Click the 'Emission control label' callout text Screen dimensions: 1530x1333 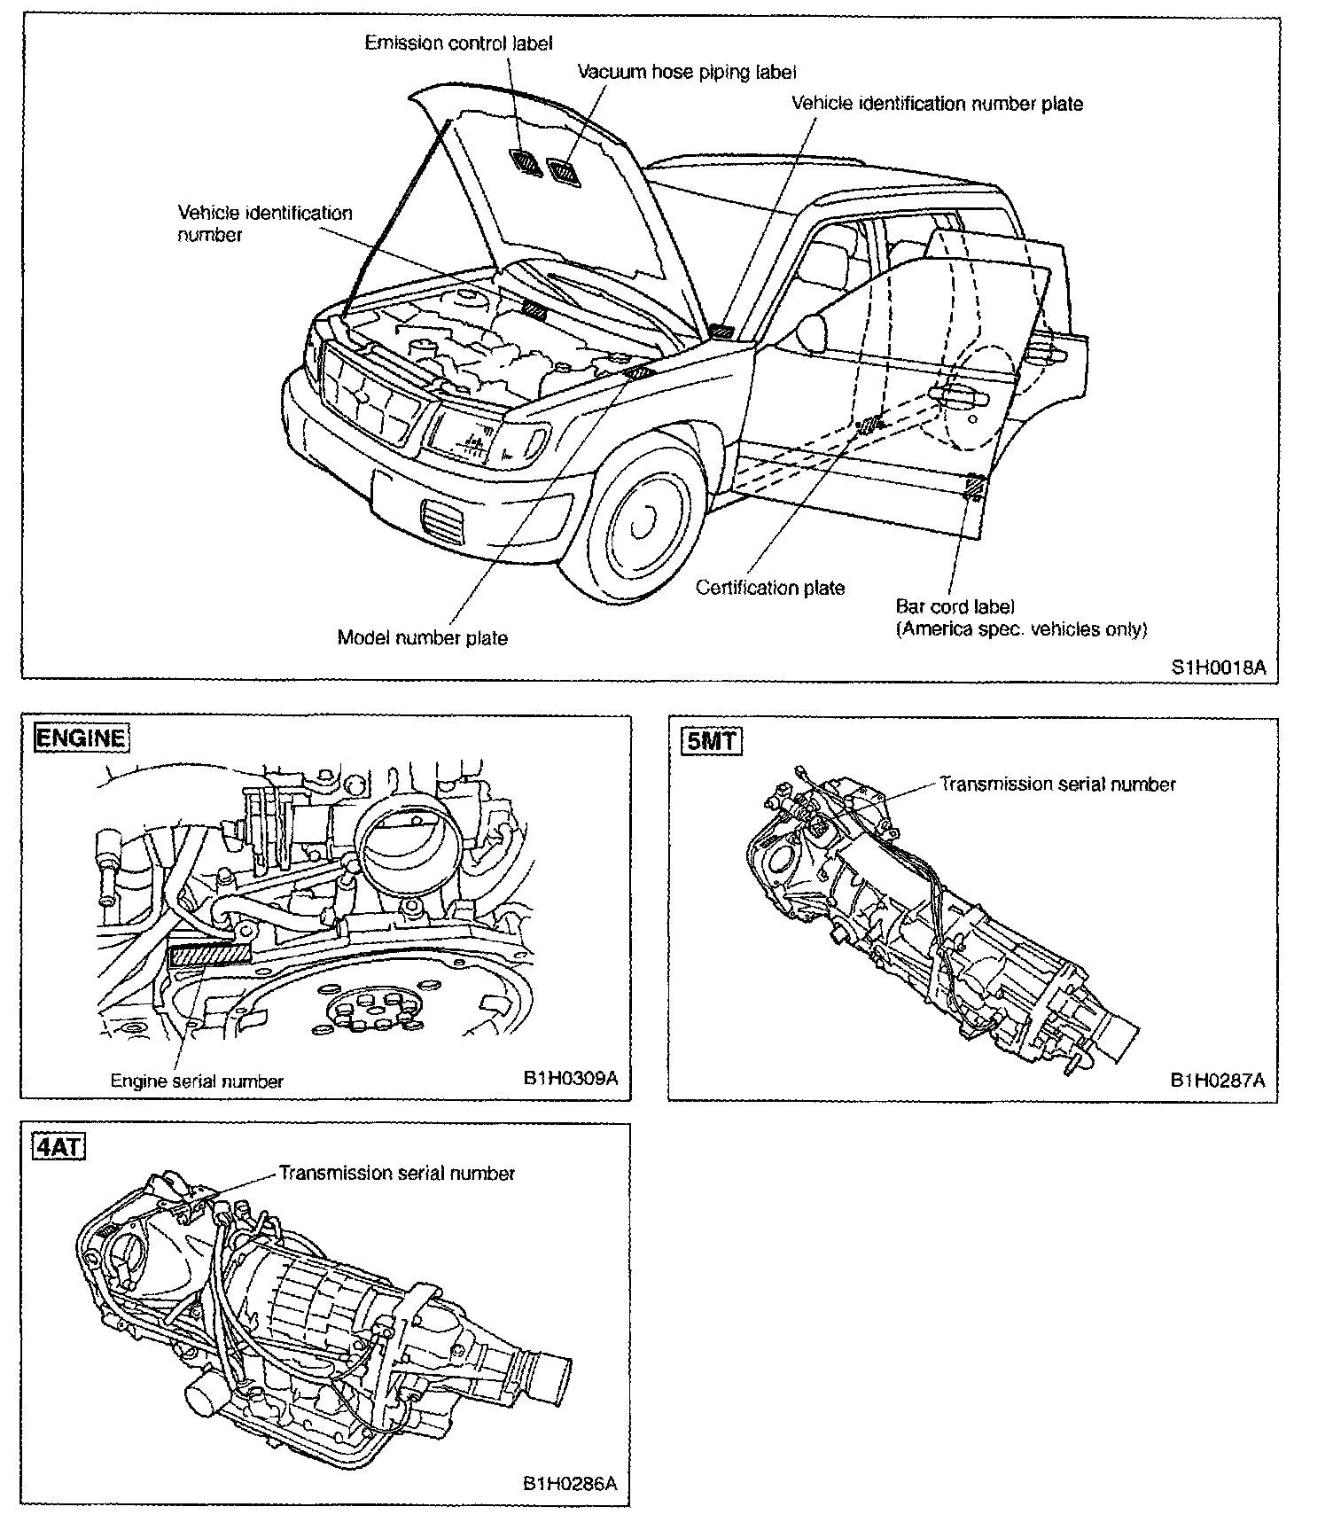[x=458, y=43]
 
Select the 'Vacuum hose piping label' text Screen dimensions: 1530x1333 [x=687, y=72]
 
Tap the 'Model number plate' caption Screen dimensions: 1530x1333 [x=422, y=638]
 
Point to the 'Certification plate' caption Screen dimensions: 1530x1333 [x=769, y=588]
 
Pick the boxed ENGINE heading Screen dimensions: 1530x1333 [x=80, y=738]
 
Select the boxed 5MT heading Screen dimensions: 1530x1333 [x=712, y=740]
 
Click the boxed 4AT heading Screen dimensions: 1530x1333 [x=58, y=1147]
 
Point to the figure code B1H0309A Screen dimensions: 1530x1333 [x=569, y=1079]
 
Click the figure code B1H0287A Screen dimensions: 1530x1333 [x=1217, y=1080]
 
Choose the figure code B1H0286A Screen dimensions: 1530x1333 [x=569, y=1484]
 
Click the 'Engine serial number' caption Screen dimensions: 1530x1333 [x=197, y=1081]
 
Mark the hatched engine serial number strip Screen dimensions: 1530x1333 [x=209, y=954]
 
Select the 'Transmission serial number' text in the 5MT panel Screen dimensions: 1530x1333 [x=1057, y=785]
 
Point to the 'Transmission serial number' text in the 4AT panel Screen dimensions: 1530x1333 [x=396, y=1174]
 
